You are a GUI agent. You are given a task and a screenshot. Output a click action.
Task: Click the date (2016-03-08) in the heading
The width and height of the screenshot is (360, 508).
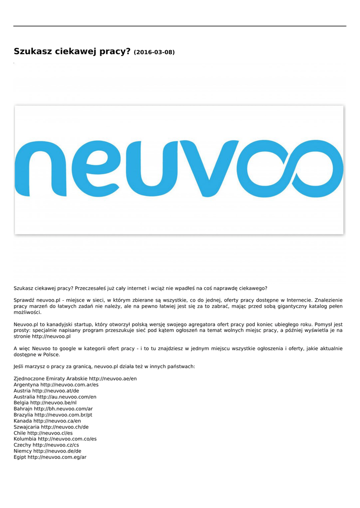[x=154, y=52]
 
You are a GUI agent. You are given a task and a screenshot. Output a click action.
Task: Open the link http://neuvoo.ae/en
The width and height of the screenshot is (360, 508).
[x=113, y=379]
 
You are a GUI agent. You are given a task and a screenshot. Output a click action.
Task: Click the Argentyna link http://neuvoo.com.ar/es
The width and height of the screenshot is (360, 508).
[x=70, y=384]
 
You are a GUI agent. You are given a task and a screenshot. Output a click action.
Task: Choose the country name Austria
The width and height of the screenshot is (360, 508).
[x=22, y=391]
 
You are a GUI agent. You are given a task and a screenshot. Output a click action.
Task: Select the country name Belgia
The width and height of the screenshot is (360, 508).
[x=21, y=403]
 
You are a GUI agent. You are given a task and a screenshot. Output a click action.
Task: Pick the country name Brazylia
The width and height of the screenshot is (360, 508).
[x=23, y=415]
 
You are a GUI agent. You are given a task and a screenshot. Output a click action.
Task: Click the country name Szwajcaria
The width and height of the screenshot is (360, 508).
[x=26, y=427]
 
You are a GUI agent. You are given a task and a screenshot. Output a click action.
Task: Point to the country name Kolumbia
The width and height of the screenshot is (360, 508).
[x=25, y=439]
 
